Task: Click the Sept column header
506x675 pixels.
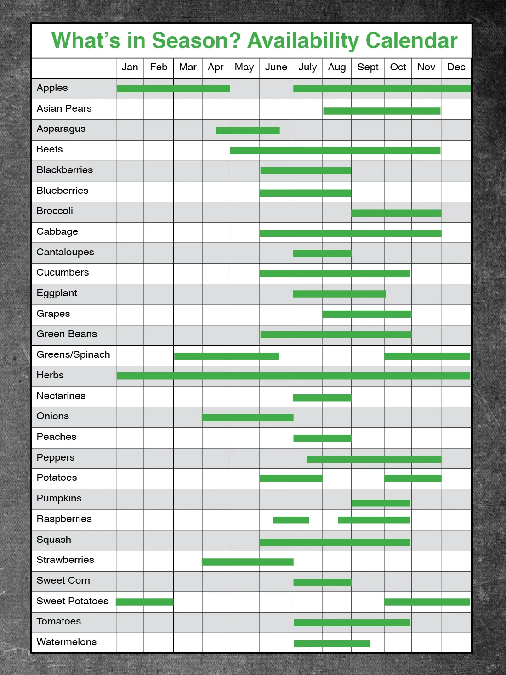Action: point(368,67)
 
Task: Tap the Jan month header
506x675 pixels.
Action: point(130,67)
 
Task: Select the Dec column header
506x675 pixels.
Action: point(456,67)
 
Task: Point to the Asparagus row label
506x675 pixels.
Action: point(61,129)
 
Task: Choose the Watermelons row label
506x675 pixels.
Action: point(67,642)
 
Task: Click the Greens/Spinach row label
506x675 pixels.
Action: point(73,354)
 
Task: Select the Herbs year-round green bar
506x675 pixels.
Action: point(293,376)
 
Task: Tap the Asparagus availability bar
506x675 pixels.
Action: point(248,130)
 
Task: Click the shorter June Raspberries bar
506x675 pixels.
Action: point(291,520)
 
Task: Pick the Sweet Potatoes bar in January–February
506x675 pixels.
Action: point(145,602)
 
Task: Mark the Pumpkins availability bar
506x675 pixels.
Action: point(381,503)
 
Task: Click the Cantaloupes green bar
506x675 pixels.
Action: point(322,253)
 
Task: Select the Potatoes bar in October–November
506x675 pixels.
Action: point(413,478)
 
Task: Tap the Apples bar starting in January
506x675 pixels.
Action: point(173,89)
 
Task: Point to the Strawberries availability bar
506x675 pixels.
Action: point(247,562)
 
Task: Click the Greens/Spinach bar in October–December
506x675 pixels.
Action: point(427,356)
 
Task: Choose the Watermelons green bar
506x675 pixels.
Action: point(332,644)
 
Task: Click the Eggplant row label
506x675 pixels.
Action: point(57,293)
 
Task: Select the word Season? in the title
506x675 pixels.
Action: point(196,40)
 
